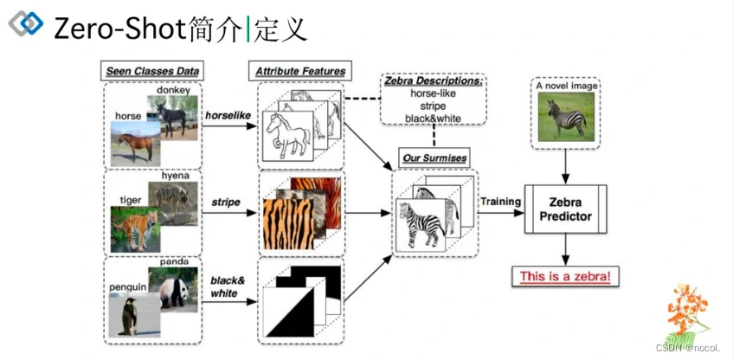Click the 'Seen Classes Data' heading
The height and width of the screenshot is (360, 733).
coord(152,71)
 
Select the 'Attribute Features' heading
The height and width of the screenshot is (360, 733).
coord(299,71)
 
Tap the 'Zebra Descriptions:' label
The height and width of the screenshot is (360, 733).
coord(433,80)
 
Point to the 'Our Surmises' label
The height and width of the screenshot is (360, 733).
coord(434,158)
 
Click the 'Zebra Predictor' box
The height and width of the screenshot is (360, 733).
coord(566,209)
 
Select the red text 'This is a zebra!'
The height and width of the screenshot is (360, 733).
coord(564,277)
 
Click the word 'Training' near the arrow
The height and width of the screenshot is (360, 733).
coord(500,202)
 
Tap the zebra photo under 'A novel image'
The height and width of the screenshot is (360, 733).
coord(565,117)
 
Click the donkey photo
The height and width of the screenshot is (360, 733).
coord(176,114)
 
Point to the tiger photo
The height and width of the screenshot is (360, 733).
coord(135,227)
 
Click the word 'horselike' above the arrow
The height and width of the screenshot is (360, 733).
coord(228,114)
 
